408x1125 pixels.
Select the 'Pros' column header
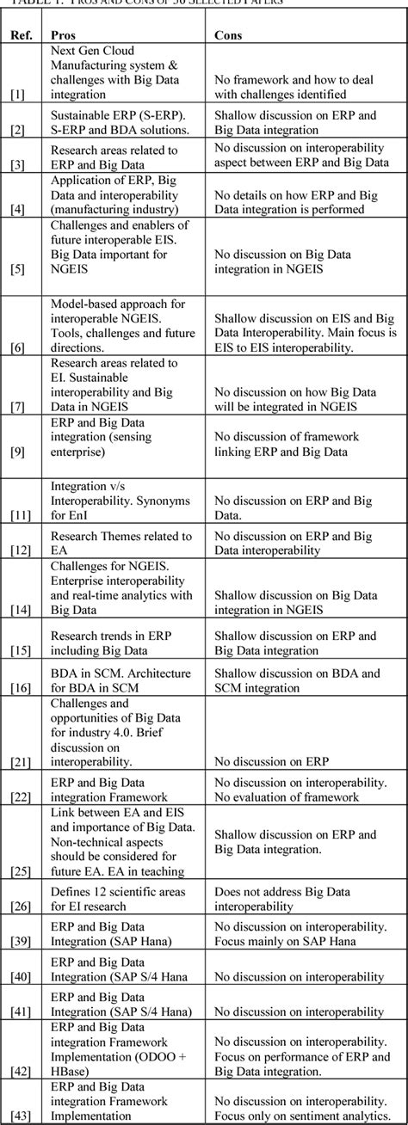pyautogui.click(x=61, y=36)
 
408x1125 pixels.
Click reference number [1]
pyautogui.click(x=18, y=95)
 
